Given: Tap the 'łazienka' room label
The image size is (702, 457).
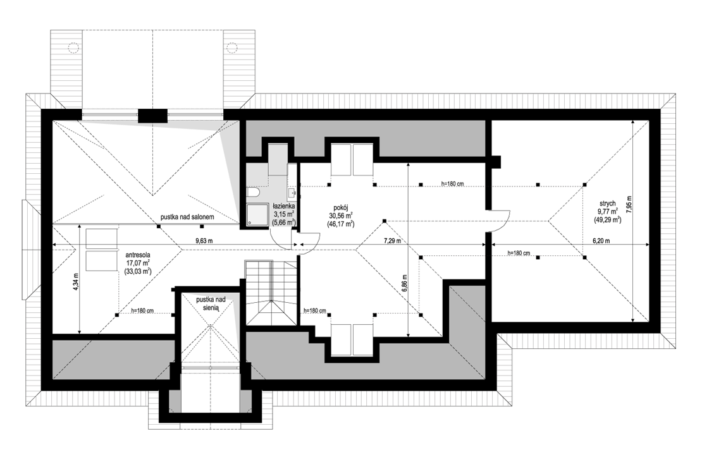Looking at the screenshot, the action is [x=284, y=206].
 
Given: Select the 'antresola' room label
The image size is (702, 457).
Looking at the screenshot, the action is [x=138, y=255].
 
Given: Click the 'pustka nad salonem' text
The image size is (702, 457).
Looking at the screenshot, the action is [x=187, y=217].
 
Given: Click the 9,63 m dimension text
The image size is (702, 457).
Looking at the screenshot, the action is [x=203, y=241].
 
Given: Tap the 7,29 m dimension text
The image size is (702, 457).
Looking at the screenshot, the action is [x=391, y=241].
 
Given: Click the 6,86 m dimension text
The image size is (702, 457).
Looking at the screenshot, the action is [x=404, y=283].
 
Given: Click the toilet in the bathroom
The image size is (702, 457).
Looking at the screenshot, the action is [x=253, y=192].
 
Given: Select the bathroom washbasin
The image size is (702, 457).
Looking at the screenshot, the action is [x=292, y=193].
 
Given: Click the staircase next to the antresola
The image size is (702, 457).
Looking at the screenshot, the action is [x=271, y=292].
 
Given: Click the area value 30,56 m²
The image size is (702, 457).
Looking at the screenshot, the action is [x=341, y=215].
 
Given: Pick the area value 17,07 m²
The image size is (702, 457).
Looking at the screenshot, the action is [x=138, y=262].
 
